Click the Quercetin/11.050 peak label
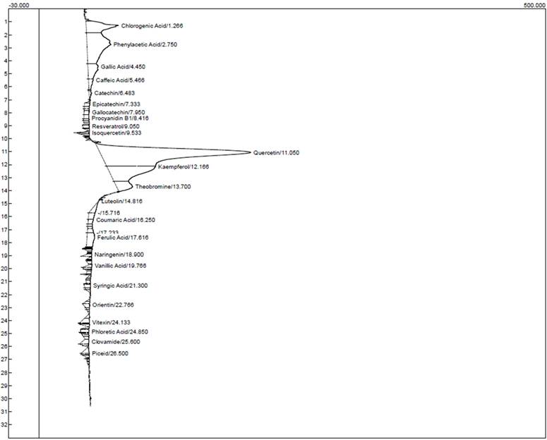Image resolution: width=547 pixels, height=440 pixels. tap(277, 152)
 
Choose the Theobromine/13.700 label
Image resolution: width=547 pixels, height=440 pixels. tap(163, 187)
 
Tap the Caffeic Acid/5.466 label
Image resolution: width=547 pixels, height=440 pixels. tap(121, 80)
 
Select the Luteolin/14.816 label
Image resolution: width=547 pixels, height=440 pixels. tap(123, 202)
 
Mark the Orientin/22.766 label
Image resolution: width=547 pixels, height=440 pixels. tap(113, 305)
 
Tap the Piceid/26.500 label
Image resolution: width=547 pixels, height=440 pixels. tap(109, 354)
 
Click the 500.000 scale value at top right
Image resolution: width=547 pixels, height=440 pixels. tap(534, 4)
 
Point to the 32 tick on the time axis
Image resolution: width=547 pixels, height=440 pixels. tap(25, 424)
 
